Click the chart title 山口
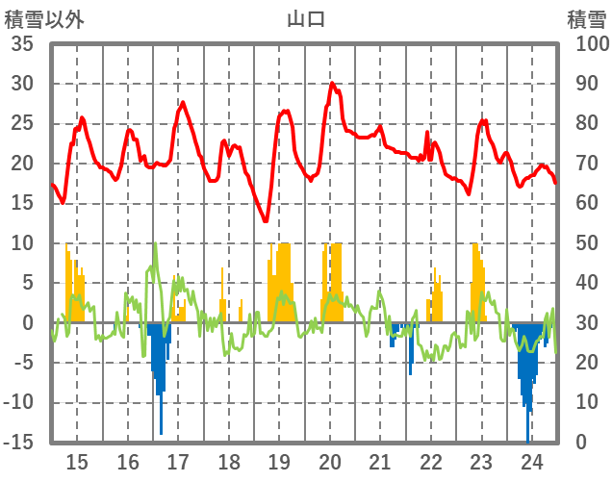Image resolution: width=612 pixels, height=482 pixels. point(306,18)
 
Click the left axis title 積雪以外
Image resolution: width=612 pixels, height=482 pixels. point(44,18)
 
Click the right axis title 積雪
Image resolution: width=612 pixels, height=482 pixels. point(585,18)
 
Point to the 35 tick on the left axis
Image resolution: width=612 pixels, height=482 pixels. point(22,44)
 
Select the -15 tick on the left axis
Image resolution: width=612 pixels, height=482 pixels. point(18,443)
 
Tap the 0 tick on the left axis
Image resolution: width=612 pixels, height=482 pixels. point(28,323)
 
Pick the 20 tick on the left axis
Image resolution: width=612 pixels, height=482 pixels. point(22,164)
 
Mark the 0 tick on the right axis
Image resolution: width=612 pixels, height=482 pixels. point(582,443)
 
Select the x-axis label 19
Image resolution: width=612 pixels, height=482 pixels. point(279,461)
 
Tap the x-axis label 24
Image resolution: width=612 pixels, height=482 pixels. point(531,461)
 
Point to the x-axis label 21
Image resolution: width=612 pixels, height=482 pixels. point(380,461)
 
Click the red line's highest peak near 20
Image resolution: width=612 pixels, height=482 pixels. point(332,84)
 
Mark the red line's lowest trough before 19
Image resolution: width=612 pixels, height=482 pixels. point(266,221)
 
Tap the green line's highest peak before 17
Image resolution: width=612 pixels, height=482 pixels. point(155,243)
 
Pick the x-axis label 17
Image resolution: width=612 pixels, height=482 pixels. point(178,461)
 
